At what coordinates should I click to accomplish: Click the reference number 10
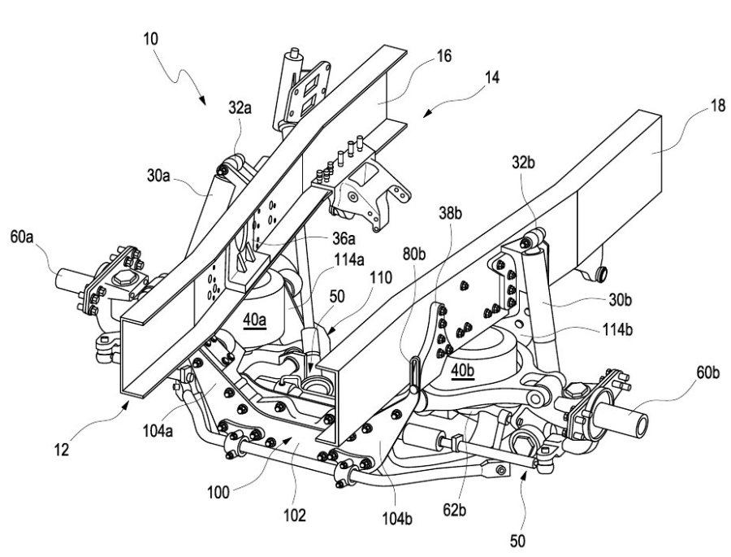(150, 39)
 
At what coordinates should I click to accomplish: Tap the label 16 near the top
(443, 56)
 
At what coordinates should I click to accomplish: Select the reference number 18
(717, 106)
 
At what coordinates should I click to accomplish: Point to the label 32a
(240, 108)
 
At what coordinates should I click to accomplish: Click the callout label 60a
(21, 237)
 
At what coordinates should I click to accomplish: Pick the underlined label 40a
(254, 320)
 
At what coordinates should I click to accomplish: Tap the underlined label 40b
(462, 371)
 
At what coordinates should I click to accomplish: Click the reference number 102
(295, 516)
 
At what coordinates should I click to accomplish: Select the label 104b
(398, 519)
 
